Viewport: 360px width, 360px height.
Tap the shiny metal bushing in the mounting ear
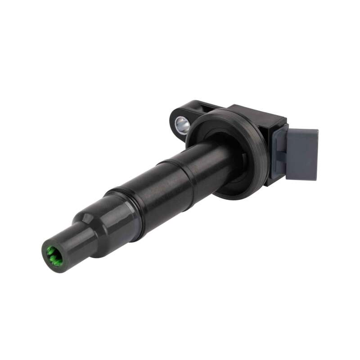pyautogui.click(x=182, y=125)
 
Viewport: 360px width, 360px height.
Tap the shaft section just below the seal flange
pyautogui.click(x=211, y=155)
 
